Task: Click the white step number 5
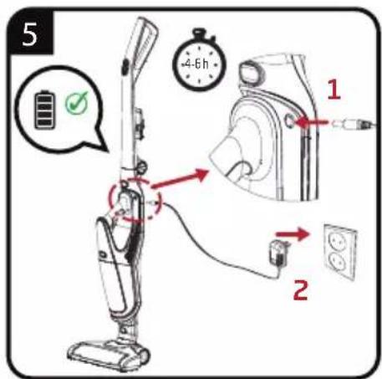point(30,34)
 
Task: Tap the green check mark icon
point(76,103)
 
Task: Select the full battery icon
point(44,110)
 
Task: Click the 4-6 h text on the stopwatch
point(196,64)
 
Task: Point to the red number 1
point(334,89)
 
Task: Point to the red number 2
point(301,290)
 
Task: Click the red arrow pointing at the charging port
point(311,122)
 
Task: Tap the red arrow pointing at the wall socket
point(293,233)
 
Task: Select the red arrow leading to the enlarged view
point(180,178)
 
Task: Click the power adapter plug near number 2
point(278,253)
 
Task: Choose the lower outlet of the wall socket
point(338,260)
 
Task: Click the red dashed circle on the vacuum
point(135,199)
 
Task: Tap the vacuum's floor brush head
point(110,355)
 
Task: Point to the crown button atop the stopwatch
point(199,32)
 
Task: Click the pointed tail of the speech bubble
point(99,141)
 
